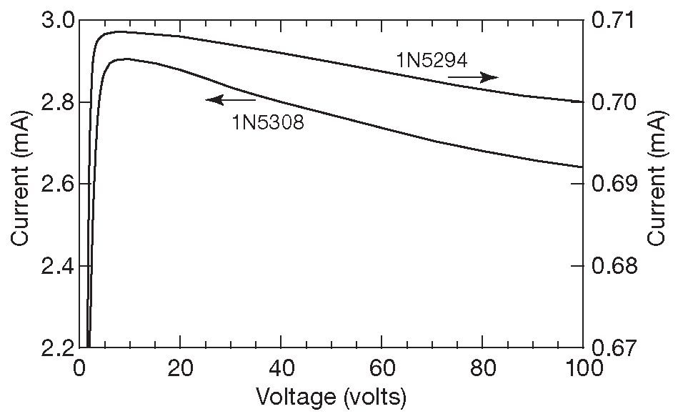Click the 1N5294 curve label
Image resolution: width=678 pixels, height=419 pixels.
432,60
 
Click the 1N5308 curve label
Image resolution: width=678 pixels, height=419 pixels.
267,122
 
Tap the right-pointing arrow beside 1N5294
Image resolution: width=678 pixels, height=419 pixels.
472,77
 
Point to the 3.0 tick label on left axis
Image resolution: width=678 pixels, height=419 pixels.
56,21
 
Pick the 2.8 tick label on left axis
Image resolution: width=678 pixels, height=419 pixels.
56,102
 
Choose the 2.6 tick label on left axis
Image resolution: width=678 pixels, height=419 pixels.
56,184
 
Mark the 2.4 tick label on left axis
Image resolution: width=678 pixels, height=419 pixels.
56,266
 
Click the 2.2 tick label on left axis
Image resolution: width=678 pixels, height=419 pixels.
56,347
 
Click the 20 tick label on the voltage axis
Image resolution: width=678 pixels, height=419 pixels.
180,370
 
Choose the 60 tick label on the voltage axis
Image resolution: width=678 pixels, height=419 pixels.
382,370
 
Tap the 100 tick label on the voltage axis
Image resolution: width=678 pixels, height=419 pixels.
583,370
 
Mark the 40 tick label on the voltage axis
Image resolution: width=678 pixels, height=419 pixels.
281,370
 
